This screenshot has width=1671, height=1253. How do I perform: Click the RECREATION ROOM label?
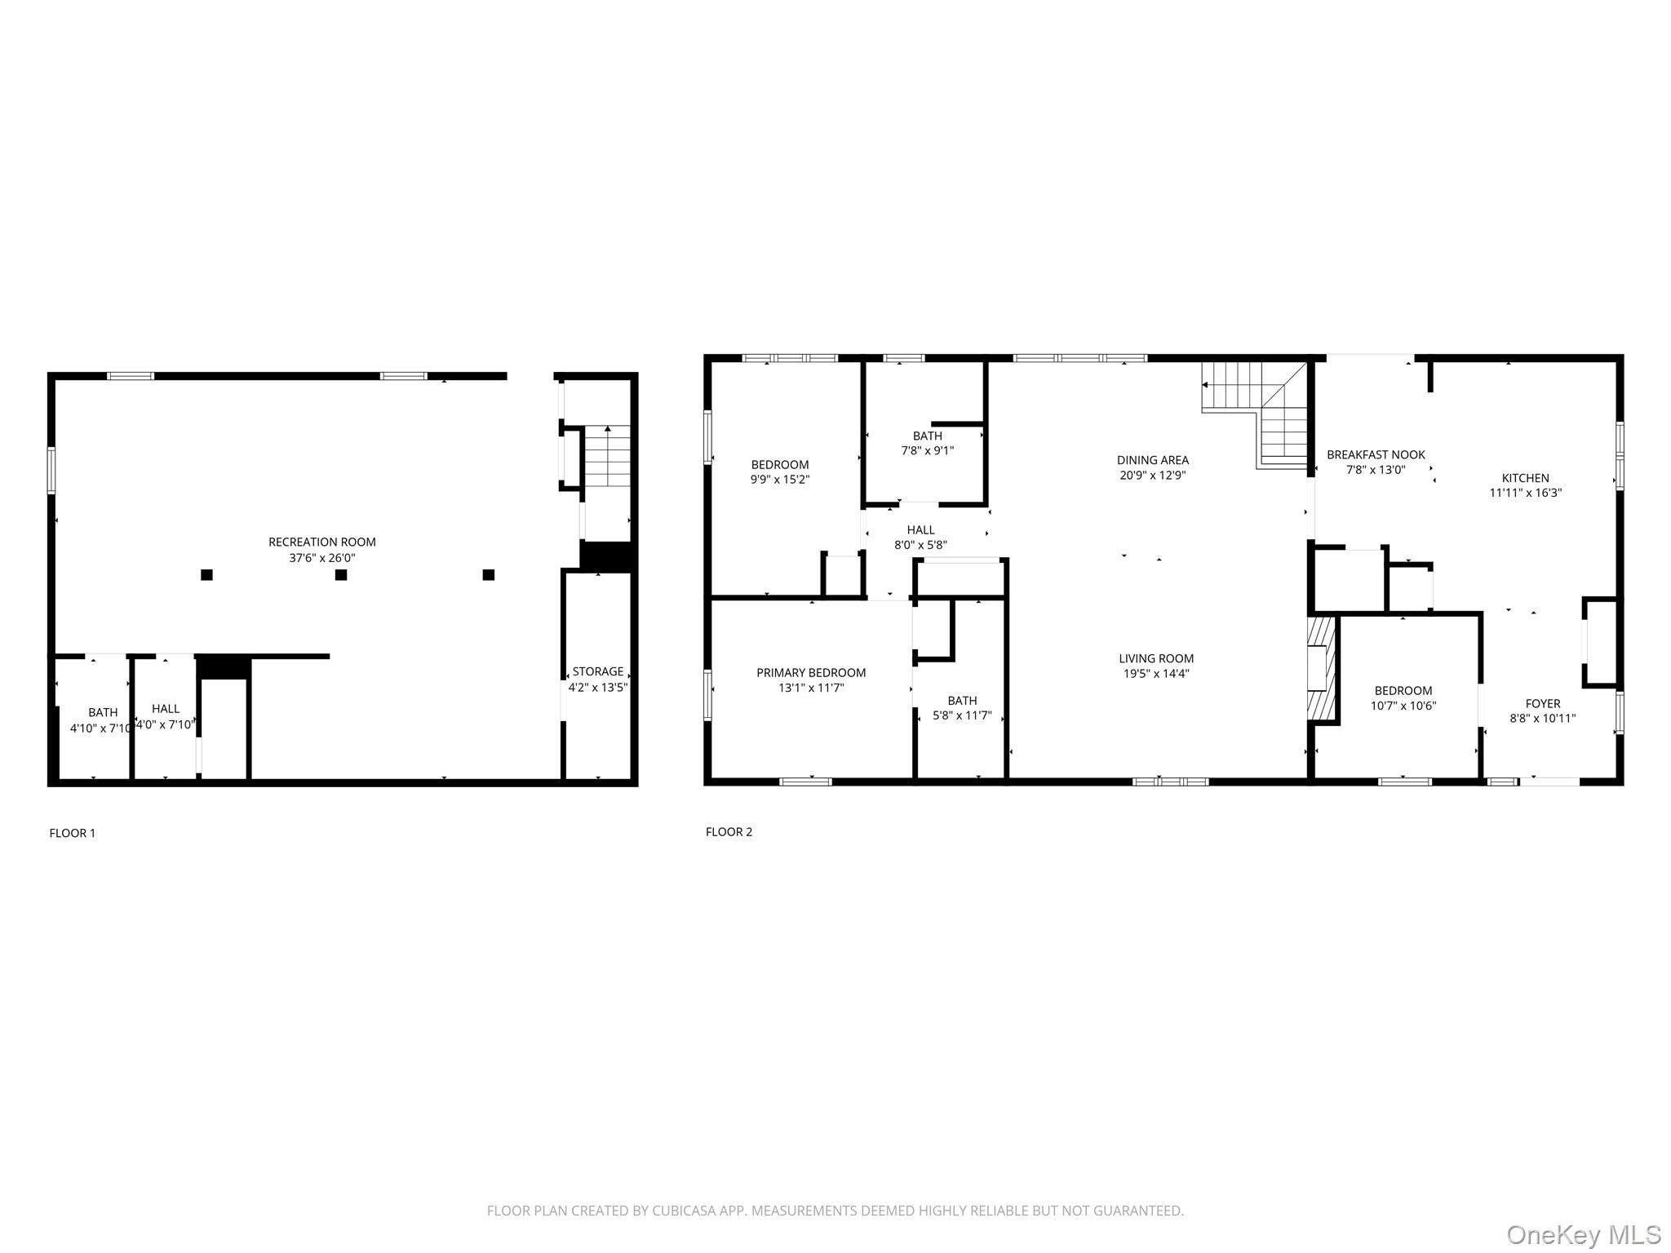point(321,542)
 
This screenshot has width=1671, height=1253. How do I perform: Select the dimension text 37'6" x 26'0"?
point(321,558)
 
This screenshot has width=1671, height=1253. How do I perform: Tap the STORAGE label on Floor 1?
point(597,671)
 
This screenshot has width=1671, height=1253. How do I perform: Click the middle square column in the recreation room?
point(341,575)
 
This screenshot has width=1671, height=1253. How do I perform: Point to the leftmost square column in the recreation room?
point(206,575)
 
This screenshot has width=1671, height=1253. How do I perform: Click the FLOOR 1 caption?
point(73,833)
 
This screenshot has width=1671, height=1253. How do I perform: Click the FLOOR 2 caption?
point(729,831)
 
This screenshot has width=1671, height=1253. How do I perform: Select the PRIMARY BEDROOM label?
point(810,672)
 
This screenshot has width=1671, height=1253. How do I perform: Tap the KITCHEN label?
point(1525,478)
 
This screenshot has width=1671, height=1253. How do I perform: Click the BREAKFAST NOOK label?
point(1376,454)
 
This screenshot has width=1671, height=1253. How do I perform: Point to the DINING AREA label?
point(1152,460)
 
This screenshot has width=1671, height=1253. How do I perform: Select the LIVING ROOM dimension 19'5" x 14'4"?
point(1155,674)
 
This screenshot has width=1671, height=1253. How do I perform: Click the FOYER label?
point(1542,703)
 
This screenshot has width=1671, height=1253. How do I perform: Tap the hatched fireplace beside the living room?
point(1321,669)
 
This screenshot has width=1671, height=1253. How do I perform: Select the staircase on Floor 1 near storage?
point(608,457)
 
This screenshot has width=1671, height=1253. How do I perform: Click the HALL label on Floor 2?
point(920,529)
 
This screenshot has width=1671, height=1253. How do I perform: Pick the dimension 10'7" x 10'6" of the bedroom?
point(1403,706)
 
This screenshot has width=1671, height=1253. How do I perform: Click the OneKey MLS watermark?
point(1583,1234)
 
